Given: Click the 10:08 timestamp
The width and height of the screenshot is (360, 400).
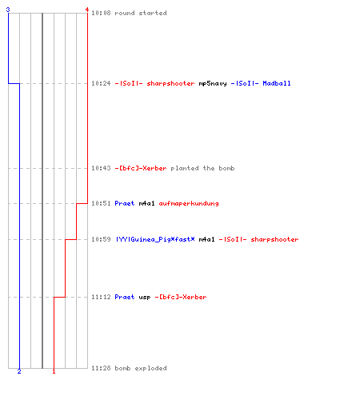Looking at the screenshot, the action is coord(101,13).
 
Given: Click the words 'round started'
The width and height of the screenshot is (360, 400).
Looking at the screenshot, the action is coord(141,13).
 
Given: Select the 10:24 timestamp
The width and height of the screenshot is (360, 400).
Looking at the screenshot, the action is coord(101,83).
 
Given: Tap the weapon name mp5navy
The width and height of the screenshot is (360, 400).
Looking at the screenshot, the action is coord(213,84).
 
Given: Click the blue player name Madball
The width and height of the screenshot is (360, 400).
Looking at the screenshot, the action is coord(277,83).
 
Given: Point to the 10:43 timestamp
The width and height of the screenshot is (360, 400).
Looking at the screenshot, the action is coord(101,168).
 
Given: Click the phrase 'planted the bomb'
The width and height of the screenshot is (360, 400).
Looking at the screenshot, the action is coord(202,168).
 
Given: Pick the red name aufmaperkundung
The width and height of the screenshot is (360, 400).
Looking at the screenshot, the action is coord(189,203).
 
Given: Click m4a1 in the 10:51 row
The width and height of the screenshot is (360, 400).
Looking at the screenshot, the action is coord(146,203).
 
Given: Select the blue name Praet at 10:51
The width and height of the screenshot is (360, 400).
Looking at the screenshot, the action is coord(125,203).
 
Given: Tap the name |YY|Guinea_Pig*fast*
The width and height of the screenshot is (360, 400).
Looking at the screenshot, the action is coord(155,239).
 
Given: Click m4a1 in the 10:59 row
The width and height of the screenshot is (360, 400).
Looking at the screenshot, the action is coord(206,239).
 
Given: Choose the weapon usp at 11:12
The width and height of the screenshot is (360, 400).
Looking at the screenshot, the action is coord(145,298).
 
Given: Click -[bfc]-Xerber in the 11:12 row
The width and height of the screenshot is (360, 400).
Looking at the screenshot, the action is coord(181,297).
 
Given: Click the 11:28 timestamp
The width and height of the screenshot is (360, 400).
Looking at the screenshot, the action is coord(101,368).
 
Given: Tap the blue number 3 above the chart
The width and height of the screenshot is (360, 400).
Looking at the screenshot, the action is coord(8,10).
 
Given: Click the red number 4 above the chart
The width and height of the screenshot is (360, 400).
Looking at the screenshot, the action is coord(87,10).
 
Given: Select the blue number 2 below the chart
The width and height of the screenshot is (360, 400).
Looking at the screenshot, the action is coord(19,371).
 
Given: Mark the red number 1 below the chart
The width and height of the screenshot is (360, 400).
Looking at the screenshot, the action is coord(54,371).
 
